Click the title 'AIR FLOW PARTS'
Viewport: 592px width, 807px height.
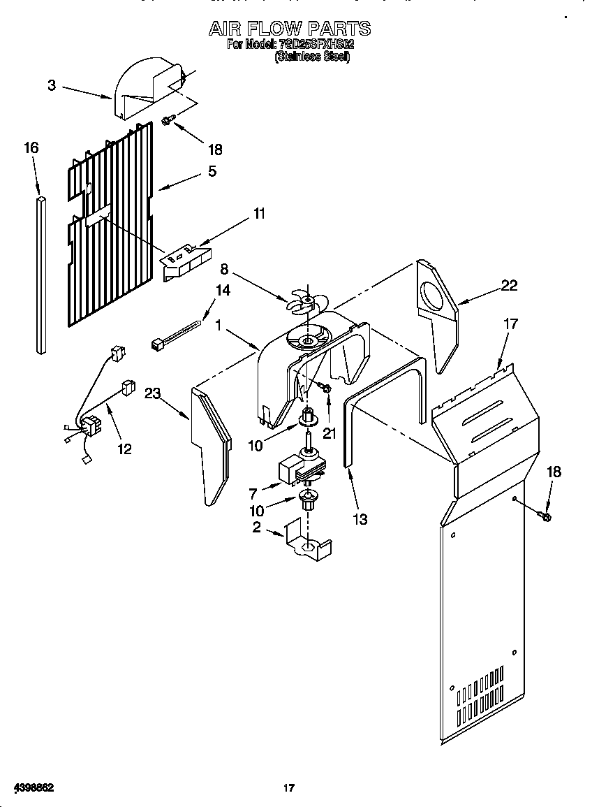coord(290,28)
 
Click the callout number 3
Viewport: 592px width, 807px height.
coord(52,85)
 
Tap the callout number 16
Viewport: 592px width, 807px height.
coord(31,147)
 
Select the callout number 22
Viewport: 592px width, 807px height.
coord(509,284)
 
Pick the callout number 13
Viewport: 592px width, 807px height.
coord(360,519)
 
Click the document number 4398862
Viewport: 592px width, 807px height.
coord(29,787)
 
